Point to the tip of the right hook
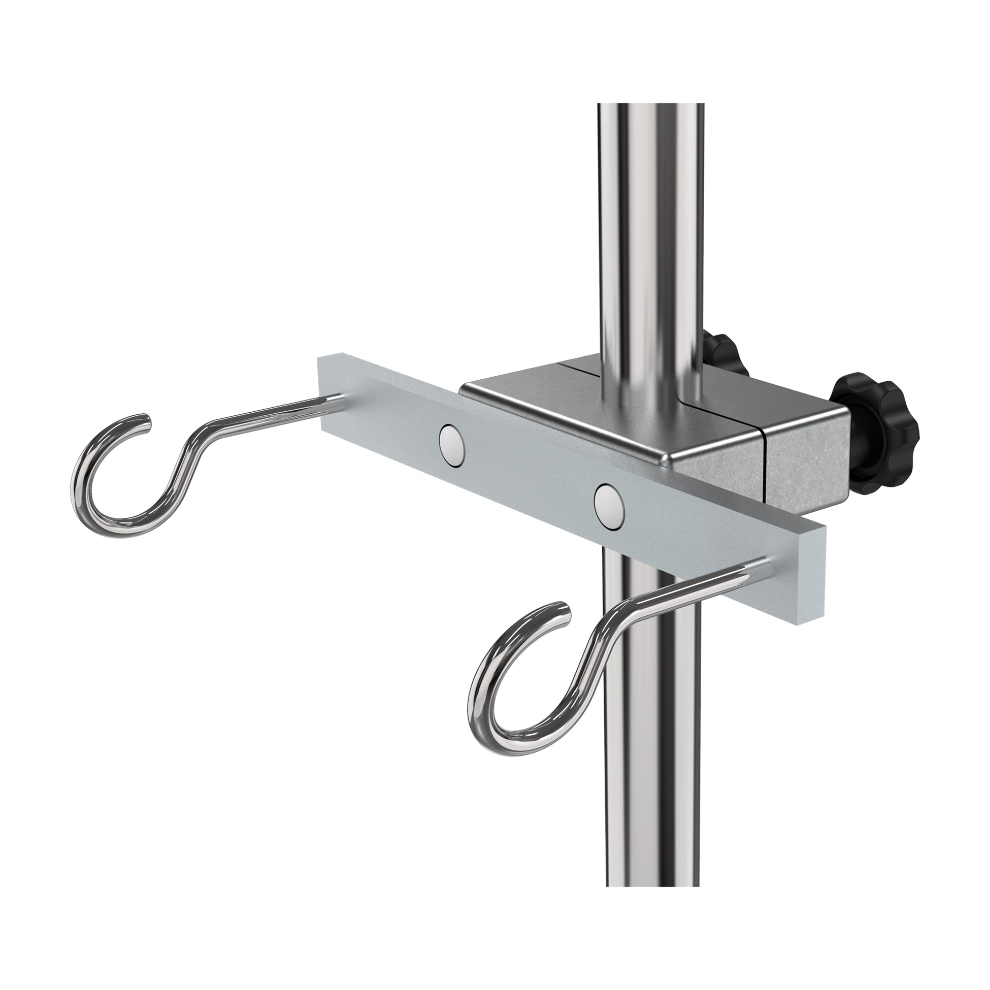[565, 613]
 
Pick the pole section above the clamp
[650, 230]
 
